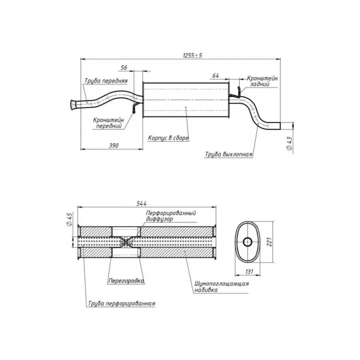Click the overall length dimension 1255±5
[193, 55]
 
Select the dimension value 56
[124, 67]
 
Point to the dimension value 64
[216, 76]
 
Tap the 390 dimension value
[114, 145]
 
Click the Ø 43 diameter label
[289, 144]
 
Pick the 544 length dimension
[141, 203]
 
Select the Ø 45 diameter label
[70, 220]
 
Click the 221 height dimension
[269, 242]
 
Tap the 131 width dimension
[249, 272]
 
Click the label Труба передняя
[106, 81]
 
